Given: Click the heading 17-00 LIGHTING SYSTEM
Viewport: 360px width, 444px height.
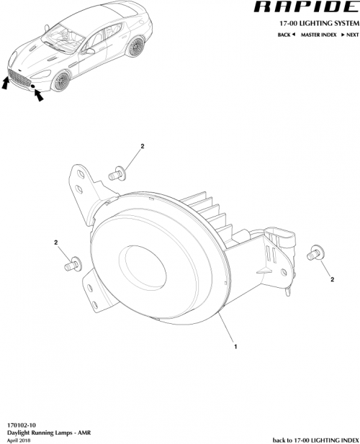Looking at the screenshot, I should coord(315,23).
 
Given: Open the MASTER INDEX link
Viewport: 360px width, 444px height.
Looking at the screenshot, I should coord(318,34).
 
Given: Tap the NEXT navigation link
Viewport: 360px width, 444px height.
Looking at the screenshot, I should coord(348,34).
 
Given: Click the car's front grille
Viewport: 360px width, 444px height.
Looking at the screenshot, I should coord(20,78).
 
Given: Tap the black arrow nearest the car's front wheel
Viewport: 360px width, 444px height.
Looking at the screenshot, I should coord(37,94).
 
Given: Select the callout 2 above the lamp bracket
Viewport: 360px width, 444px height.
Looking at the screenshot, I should coord(143,146).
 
